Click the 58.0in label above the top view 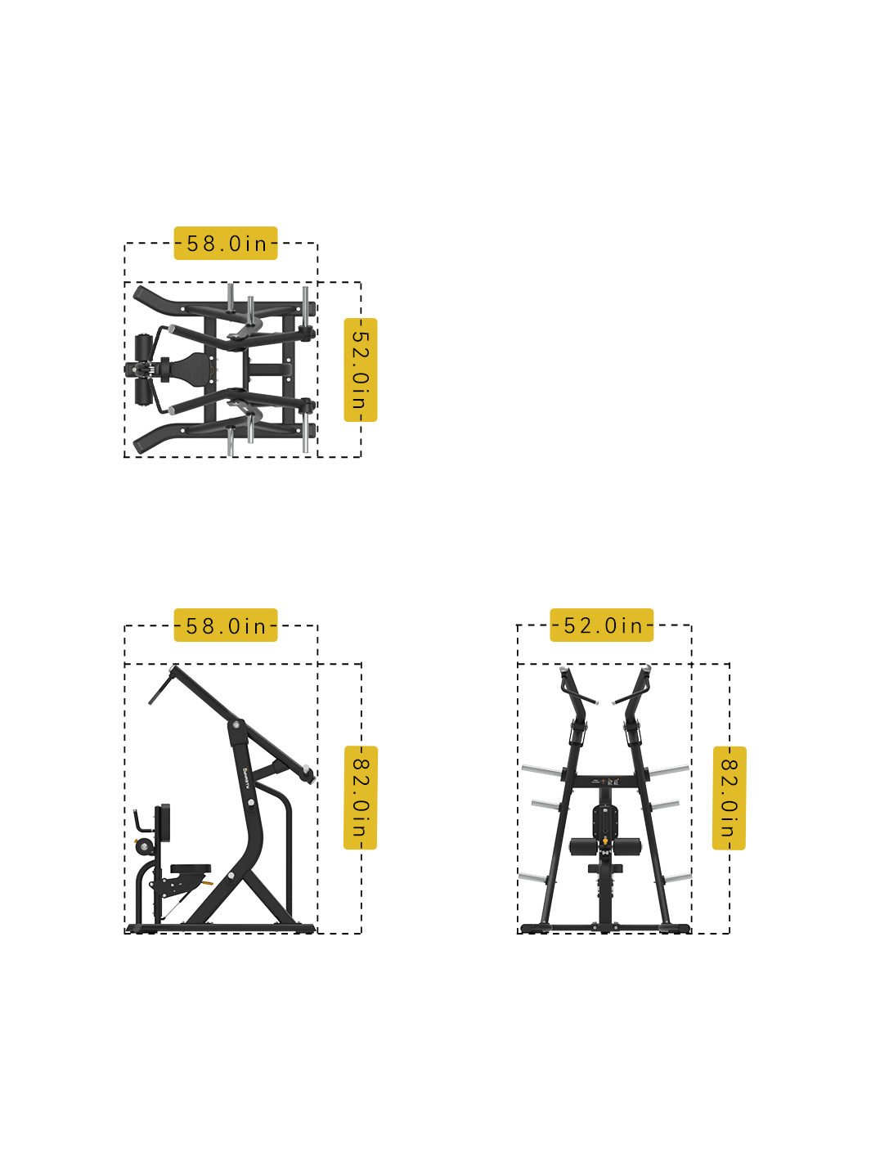tap(226, 244)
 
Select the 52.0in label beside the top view tap(361, 370)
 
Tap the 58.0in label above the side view tap(226, 626)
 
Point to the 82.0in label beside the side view tap(361, 798)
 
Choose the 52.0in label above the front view tap(602, 626)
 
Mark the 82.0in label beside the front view tap(729, 798)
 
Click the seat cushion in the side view tap(191, 868)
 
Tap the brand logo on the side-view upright tap(245, 778)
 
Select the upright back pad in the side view tap(164, 823)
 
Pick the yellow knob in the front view tap(605, 840)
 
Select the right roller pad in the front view tap(627, 847)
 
